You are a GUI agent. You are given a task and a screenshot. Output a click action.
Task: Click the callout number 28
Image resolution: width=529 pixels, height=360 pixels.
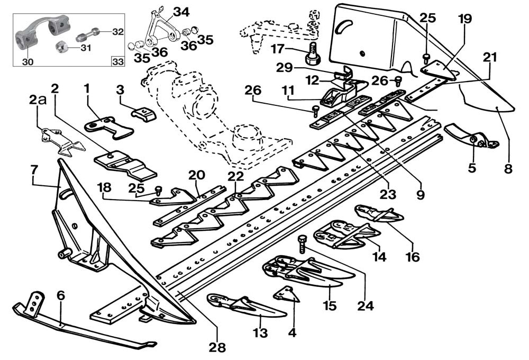click(217, 348)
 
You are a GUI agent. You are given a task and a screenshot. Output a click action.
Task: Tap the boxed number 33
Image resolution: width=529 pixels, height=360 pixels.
click(117, 61)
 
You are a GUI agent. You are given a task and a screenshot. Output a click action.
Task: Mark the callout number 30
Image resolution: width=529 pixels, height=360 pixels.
click(27, 61)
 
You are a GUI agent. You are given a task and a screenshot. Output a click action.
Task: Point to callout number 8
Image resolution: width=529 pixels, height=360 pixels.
click(508, 170)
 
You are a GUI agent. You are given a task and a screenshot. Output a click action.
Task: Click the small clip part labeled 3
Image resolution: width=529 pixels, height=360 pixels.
click(142, 111)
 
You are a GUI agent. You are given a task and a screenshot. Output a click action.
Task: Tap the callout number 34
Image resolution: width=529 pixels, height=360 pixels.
click(180, 12)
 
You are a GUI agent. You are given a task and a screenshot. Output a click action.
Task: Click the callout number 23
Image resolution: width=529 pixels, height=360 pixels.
click(388, 194)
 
